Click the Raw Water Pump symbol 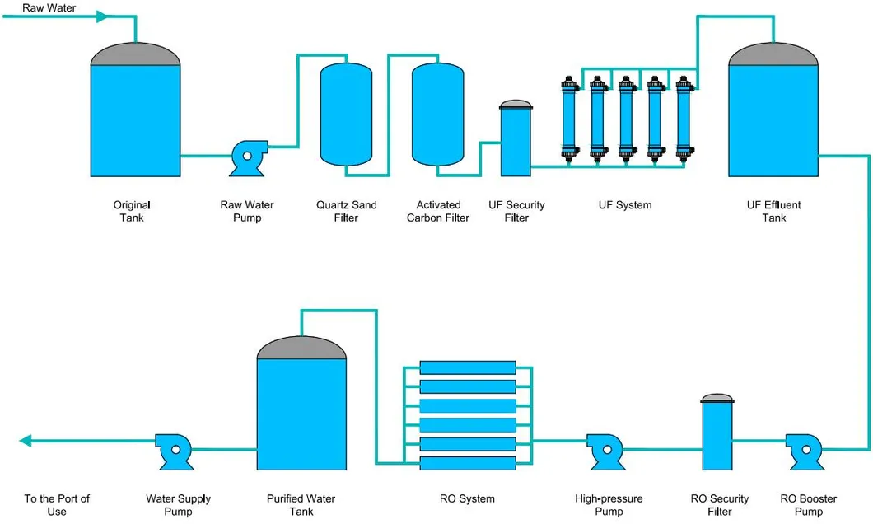pyautogui.click(x=245, y=158)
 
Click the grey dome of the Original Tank pyautogui.click(x=135, y=54)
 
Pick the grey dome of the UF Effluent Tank pyautogui.click(x=773, y=54)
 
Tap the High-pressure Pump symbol pyautogui.click(x=605, y=450)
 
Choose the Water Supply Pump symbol pyautogui.click(x=174, y=450)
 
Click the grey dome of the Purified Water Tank pyautogui.click(x=301, y=348)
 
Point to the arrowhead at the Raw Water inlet pyautogui.click(x=100, y=16)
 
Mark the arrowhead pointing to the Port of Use pyautogui.click(x=26, y=441)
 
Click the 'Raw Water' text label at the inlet pyautogui.click(x=49, y=7)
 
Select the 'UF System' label pyautogui.click(x=624, y=205)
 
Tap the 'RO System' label pyautogui.click(x=467, y=498)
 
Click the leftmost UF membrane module pyautogui.click(x=568, y=116)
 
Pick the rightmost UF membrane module pyautogui.click(x=682, y=116)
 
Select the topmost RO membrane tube pyautogui.click(x=467, y=367)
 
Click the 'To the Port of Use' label pyautogui.click(x=57, y=505)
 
